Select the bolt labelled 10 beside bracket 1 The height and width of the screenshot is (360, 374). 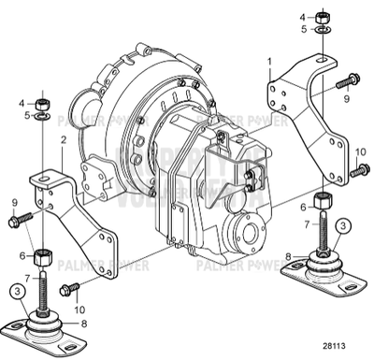coord(357,170)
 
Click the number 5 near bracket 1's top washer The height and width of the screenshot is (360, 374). coord(303,30)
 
